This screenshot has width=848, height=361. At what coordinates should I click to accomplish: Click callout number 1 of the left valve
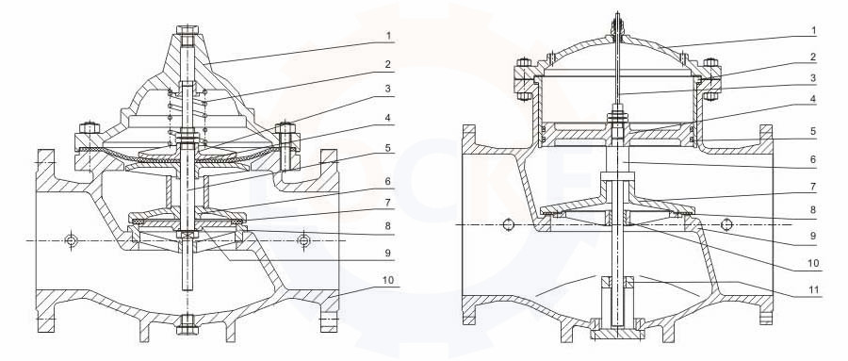tap(388, 36)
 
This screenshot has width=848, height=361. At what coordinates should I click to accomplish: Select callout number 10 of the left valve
tap(388, 281)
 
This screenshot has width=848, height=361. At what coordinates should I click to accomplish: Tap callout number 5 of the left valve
tap(388, 148)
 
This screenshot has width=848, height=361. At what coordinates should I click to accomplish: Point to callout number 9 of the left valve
tap(388, 253)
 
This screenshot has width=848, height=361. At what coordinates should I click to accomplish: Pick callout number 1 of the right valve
tap(813, 31)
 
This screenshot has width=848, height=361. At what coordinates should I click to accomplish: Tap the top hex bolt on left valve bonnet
tap(188, 31)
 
